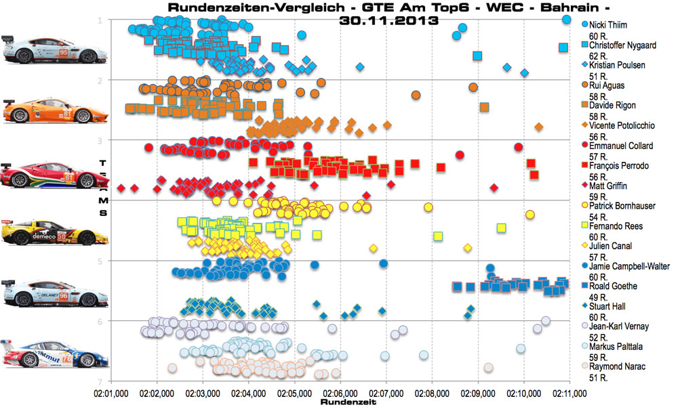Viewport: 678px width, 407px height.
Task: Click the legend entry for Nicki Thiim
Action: click(x=608, y=24)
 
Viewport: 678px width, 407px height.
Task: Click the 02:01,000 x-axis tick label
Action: click(x=111, y=393)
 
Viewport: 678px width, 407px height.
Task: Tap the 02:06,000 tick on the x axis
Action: click(x=340, y=393)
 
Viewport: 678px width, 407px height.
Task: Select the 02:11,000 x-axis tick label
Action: click(x=570, y=393)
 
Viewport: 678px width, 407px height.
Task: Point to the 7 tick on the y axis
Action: click(x=100, y=381)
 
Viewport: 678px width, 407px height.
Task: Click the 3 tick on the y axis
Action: click(x=100, y=140)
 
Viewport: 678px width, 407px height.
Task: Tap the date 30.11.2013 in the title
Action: click(x=388, y=21)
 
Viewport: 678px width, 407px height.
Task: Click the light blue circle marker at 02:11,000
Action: click(x=567, y=20)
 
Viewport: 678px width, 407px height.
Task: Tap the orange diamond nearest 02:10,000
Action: click(x=538, y=127)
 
